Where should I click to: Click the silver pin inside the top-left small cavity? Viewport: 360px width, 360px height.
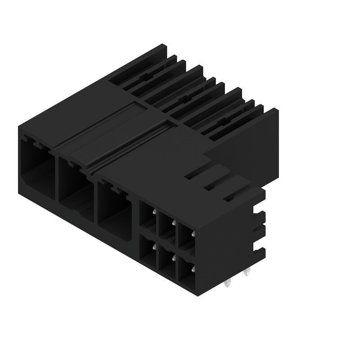pos(153,212)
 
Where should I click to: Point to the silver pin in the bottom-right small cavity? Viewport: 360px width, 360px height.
pos(193,269)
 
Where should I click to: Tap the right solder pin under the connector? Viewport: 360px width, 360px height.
pos(246,273)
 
